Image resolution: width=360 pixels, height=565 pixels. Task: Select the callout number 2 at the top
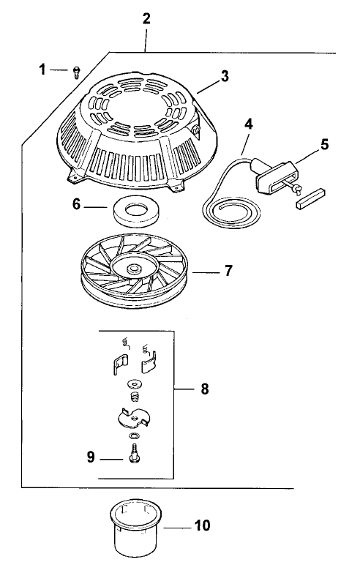147,18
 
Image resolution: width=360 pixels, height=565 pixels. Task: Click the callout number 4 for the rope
249,124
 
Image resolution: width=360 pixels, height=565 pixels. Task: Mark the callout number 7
228,272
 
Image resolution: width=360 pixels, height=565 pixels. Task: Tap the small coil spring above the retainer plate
134,396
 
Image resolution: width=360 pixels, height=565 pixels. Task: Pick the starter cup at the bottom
136,527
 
